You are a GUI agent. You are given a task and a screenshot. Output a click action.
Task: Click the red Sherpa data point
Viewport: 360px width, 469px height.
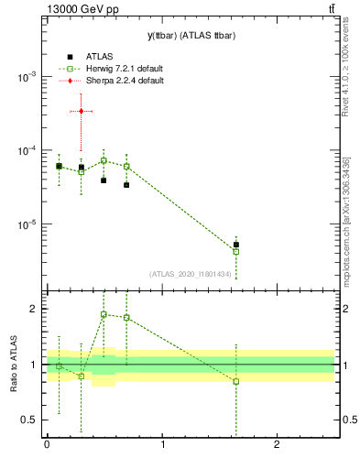click(82, 111)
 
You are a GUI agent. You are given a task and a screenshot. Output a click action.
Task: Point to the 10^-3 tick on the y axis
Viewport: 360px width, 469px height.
click(27, 78)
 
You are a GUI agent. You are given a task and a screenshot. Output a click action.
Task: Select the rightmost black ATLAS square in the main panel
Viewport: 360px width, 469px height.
click(236, 245)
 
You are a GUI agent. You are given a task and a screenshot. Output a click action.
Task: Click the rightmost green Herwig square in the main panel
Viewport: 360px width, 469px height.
click(236, 251)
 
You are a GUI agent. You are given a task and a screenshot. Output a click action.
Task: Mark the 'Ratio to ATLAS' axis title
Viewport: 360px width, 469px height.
click(12, 364)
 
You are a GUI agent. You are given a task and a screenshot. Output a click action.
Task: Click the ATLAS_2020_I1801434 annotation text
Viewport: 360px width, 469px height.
click(191, 274)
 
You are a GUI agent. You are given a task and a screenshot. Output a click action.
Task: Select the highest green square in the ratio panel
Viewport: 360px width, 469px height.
click(104, 314)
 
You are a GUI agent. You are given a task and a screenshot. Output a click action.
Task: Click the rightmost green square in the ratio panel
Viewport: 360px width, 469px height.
click(236, 381)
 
